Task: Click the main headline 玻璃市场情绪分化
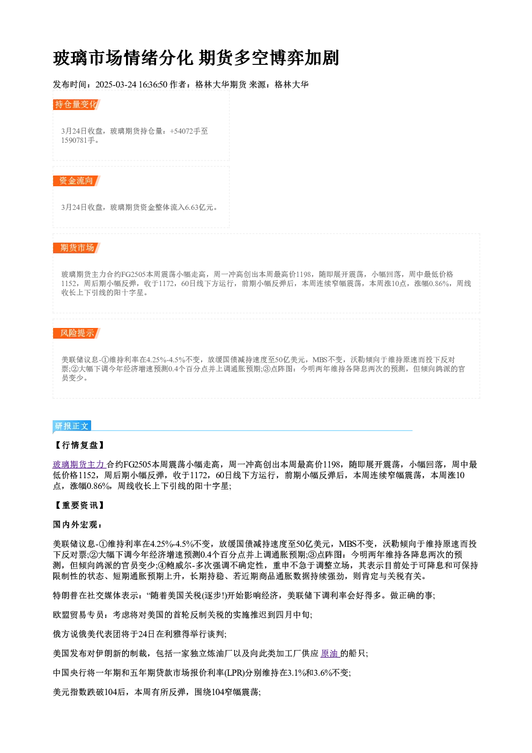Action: tap(123, 58)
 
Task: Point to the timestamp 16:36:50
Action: tap(153, 84)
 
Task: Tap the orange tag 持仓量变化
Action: tap(77, 105)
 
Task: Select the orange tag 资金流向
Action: tap(77, 181)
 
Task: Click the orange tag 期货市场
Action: tap(77, 248)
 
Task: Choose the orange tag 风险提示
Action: tap(77, 333)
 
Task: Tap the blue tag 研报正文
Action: tap(72, 426)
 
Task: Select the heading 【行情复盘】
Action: tap(80, 445)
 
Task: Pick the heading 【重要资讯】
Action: tap(80, 505)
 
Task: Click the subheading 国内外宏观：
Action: tap(78, 525)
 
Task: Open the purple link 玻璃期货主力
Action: tap(79, 465)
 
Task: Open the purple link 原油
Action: tap(329, 654)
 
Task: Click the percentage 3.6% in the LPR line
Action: tap(322, 673)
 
